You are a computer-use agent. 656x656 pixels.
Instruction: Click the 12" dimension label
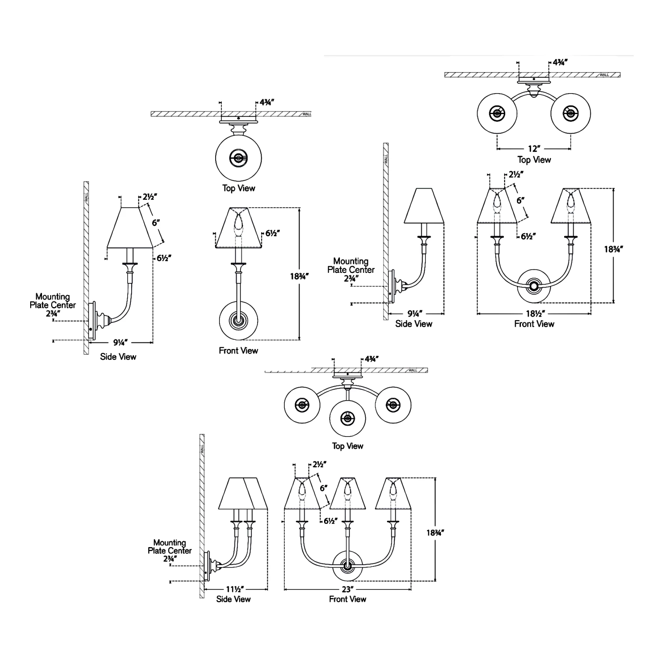click(x=534, y=149)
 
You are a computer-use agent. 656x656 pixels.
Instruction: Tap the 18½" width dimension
click(x=534, y=314)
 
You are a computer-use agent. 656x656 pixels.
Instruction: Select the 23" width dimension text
click(x=348, y=589)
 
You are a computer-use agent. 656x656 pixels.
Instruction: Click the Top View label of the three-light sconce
click(x=348, y=446)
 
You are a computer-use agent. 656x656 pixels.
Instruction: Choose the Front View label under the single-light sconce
click(x=238, y=350)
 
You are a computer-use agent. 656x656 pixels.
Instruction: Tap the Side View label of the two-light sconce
click(x=414, y=324)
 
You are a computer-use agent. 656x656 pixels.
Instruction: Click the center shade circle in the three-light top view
click(x=348, y=419)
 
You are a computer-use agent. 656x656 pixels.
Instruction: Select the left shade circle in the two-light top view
click(x=497, y=114)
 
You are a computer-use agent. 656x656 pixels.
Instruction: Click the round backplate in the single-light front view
click(x=238, y=321)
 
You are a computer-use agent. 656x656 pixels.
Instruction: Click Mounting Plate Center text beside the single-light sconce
click(x=52, y=301)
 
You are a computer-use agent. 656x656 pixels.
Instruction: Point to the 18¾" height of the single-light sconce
click(x=300, y=276)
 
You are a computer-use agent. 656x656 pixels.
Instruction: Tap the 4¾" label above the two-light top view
click(x=560, y=63)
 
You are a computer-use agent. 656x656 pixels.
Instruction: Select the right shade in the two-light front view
click(x=570, y=206)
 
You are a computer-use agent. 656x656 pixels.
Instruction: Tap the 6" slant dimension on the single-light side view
click(x=156, y=223)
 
